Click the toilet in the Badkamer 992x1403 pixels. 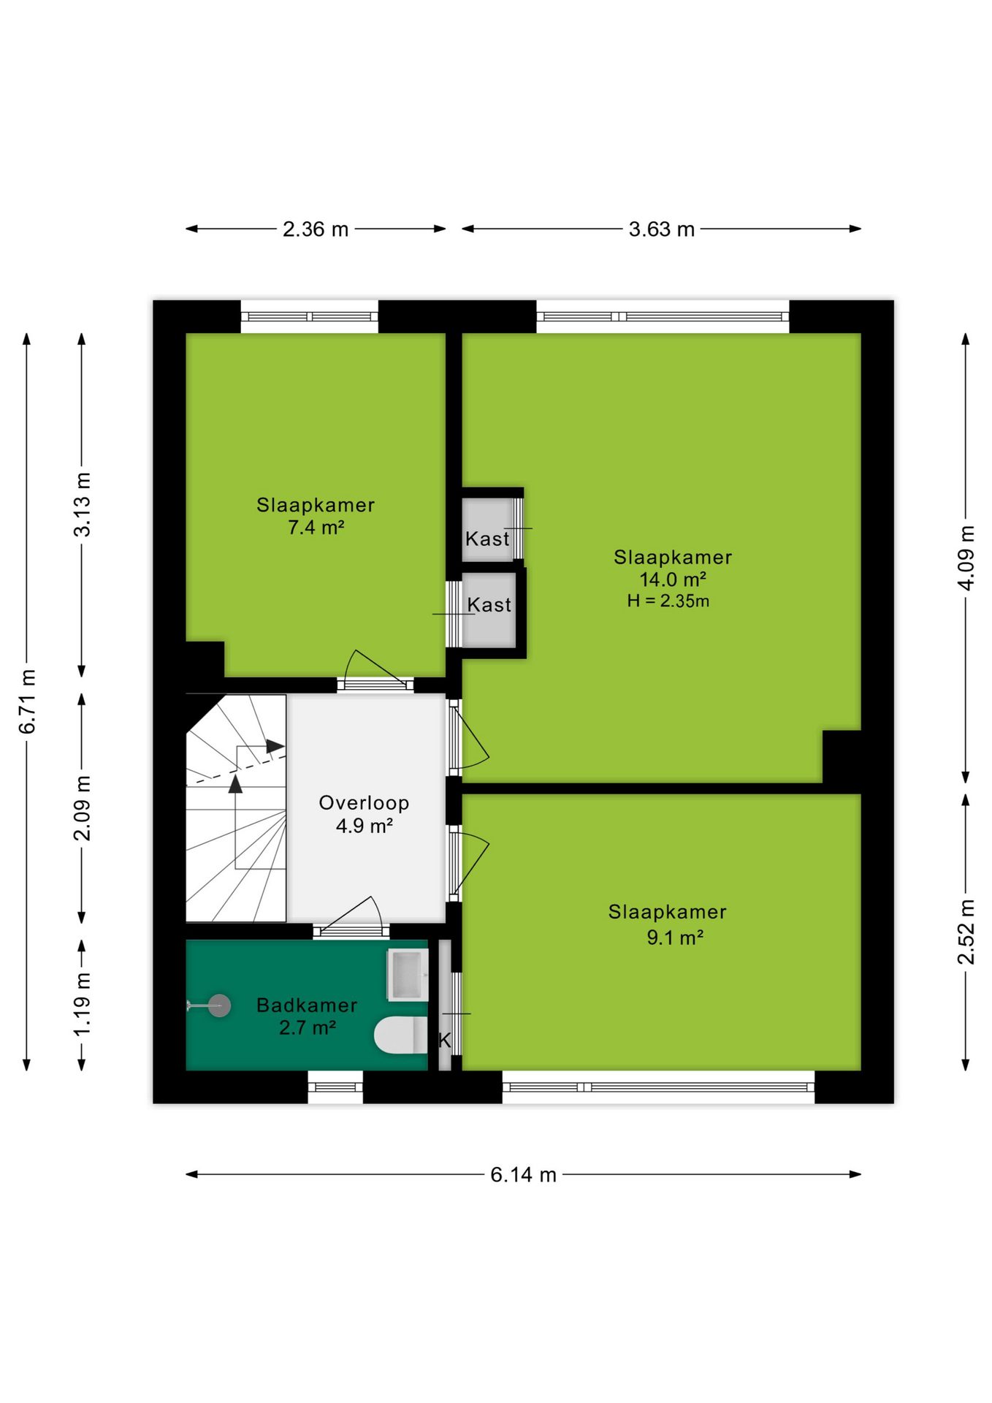pyautogui.click(x=400, y=1035)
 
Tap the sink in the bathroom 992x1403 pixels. pyautogui.click(x=407, y=974)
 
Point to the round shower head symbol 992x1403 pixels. pyautogui.click(x=219, y=1005)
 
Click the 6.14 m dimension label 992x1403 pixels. pyautogui.click(x=523, y=1174)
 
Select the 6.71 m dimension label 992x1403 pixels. pyautogui.click(x=27, y=701)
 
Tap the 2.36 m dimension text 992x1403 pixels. pyautogui.click(x=316, y=229)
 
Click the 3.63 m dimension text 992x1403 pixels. pyautogui.click(x=661, y=229)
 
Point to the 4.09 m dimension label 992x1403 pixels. pyautogui.click(x=966, y=558)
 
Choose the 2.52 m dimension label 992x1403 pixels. pyautogui.click(x=966, y=932)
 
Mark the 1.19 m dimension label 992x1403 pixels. pyautogui.click(x=82, y=1003)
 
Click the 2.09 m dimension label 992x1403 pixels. pyautogui.click(x=82, y=808)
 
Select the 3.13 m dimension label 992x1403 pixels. pyautogui.click(x=82, y=504)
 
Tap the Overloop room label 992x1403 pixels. pyautogui.click(x=364, y=802)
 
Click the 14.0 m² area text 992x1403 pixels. pyautogui.click(x=673, y=579)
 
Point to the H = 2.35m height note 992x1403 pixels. pyautogui.click(x=668, y=601)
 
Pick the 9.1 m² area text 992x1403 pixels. pyautogui.click(x=675, y=937)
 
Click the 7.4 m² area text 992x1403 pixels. pyautogui.click(x=316, y=527)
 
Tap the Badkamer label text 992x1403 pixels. pyautogui.click(x=307, y=1005)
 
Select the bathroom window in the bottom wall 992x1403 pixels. pyautogui.click(x=335, y=1087)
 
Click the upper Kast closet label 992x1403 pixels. pyautogui.click(x=487, y=539)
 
